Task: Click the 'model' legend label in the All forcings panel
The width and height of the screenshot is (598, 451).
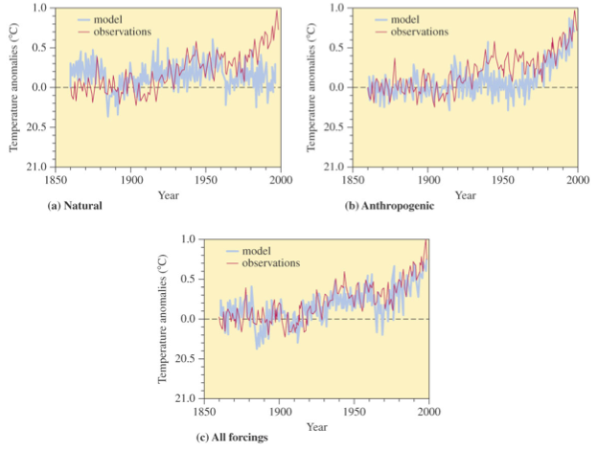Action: [x=258, y=250]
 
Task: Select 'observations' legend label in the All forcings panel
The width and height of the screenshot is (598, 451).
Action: [x=270, y=262]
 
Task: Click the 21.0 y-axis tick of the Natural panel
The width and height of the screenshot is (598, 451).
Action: [x=42, y=168]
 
